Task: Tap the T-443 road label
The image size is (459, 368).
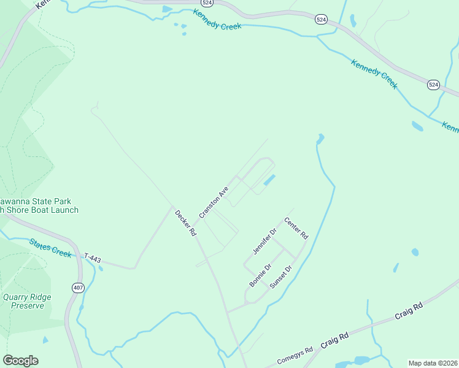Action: (x=93, y=259)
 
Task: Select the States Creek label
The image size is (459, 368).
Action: (x=50, y=247)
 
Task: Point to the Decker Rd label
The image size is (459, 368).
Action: (x=185, y=223)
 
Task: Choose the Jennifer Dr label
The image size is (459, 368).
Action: (x=264, y=241)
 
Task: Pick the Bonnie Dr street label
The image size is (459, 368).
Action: (x=260, y=275)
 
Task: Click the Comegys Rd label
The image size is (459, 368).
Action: (x=295, y=350)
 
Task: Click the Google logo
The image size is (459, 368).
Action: (x=20, y=361)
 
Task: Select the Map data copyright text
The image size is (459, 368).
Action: (x=433, y=363)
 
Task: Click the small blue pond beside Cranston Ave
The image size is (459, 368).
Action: (x=269, y=180)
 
